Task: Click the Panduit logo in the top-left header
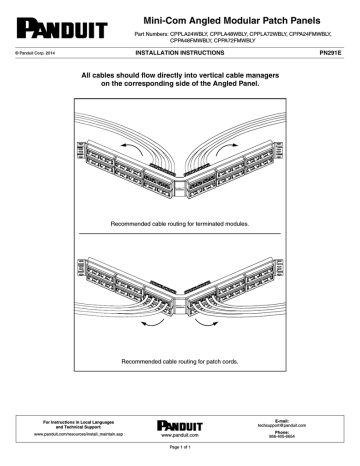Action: pos(49,21)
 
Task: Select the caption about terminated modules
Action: pos(180,224)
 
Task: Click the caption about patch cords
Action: pos(180,362)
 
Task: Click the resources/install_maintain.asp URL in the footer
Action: pos(71,435)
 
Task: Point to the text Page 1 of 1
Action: pos(180,454)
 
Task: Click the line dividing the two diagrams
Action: pos(180,235)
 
